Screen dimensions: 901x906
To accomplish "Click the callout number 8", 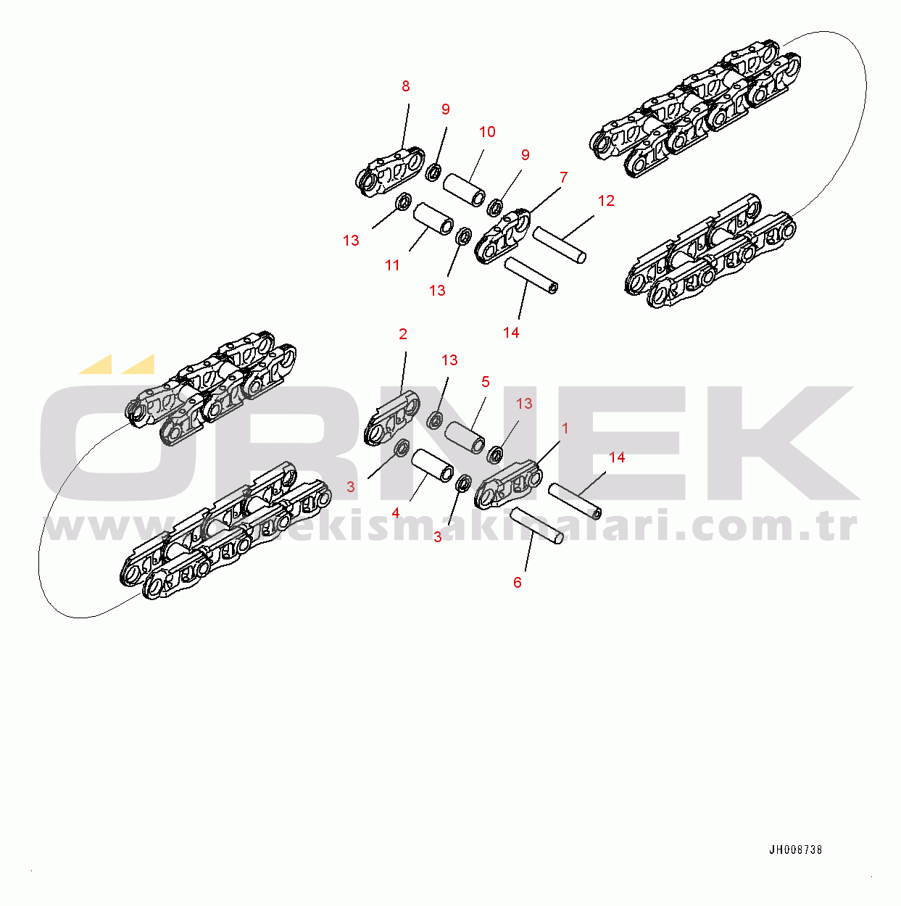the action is pyautogui.click(x=405, y=86).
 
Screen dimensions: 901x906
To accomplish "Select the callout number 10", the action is pyautogui.click(x=487, y=132).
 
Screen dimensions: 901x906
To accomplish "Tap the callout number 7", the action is pyautogui.click(x=563, y=178).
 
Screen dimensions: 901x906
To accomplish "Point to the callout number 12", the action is pyautogui.click(x=606, y=201).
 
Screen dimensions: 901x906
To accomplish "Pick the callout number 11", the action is pyautogui.click(x=392, y=265).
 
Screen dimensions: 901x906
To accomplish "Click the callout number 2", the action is pyautogui.click(x=403, y=334).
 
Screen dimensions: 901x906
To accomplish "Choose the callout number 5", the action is pyautogui.click(x=486, y=382).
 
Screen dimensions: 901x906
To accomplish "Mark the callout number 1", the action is pyautogui.click(x=565, y=428).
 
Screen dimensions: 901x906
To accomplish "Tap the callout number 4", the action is pyautogui.click(x=396, y=513).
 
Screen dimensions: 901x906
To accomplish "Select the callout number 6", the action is pyautogui.click(x=517, y=582).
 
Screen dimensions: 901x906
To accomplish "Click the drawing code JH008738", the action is pyautogui.click(x=795, y=850).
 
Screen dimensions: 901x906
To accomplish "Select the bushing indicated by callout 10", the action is pyautogui.click(x=465, y=188).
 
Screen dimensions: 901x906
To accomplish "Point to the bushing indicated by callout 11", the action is pyautogui.click(x=433, y=219).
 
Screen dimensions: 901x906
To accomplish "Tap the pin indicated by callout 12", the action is pyautogui.click(x=559, y=245).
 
